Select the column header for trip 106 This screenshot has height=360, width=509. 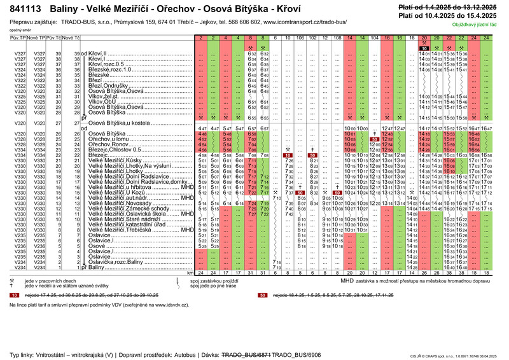[300, 38]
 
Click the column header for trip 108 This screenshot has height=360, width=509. [337, 38]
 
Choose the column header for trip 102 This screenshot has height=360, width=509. [312, 38]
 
